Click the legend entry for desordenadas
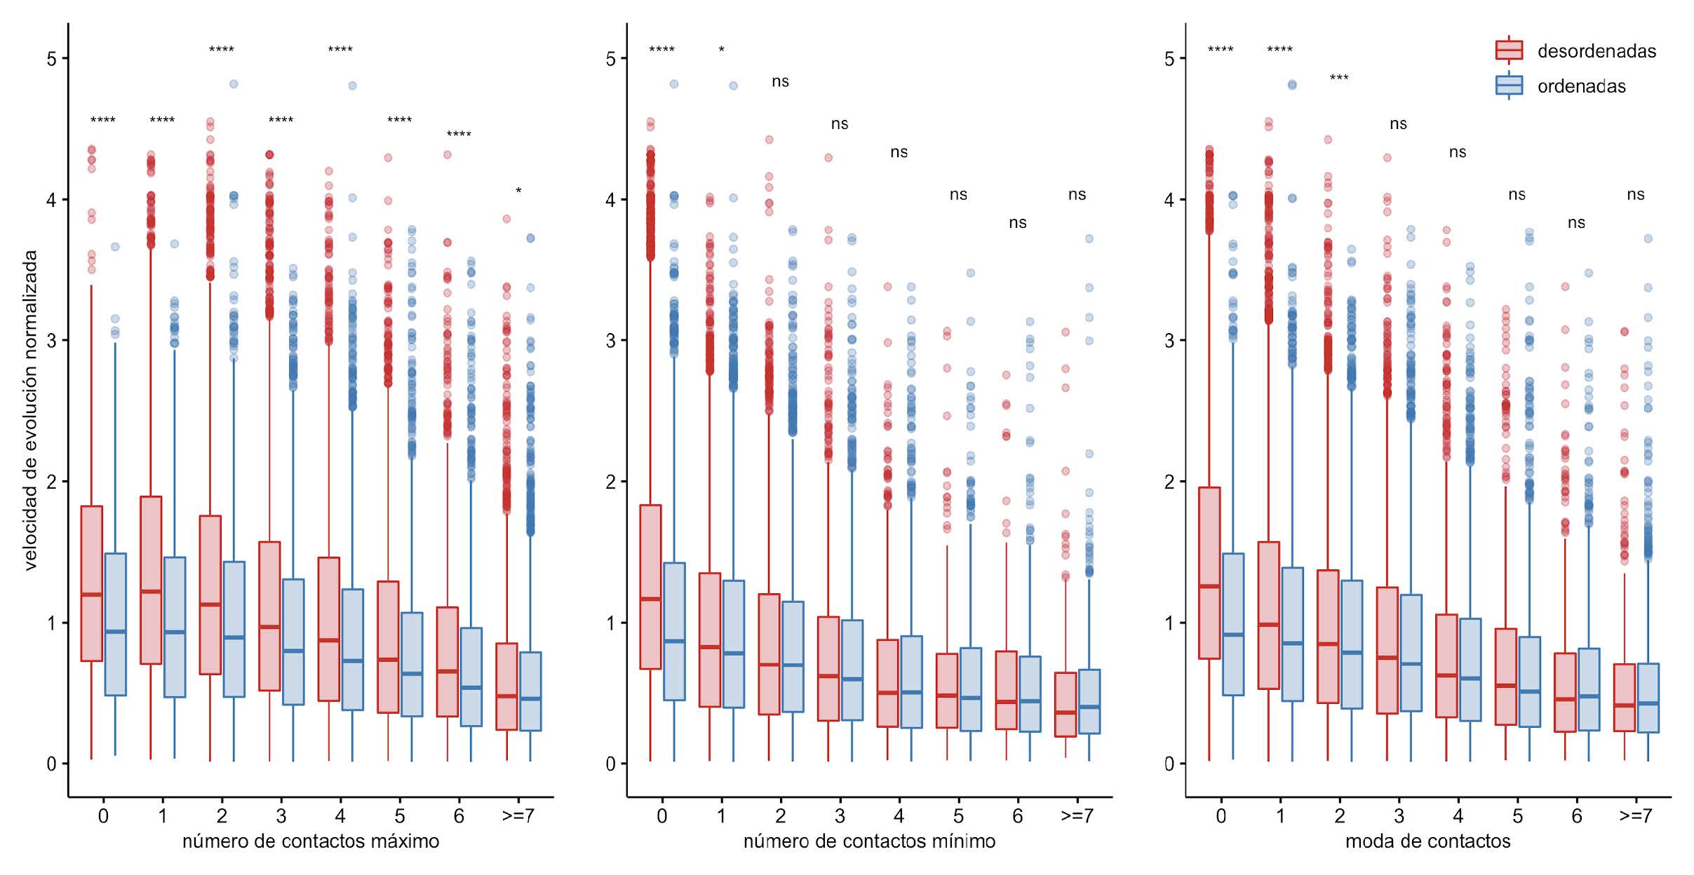pos(1596,51)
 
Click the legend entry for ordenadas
pos(1581,86)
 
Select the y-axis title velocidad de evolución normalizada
pos(30,410)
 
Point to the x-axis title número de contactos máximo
pos(311,841)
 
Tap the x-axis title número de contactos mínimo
pos(869,841)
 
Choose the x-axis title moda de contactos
pos(1427,841)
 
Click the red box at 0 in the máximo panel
pos(92,583)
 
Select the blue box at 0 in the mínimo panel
pos(674,631)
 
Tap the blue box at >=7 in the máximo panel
pos(530,691)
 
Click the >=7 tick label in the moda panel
pos(1636,816)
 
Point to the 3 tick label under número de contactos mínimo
pos(840,816)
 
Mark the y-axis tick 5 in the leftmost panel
pos(52,58)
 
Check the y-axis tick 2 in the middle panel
pos(610,482)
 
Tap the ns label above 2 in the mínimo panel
pos(780,82)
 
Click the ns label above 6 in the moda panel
pos(1576,223)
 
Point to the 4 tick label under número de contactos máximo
pos(340,816)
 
